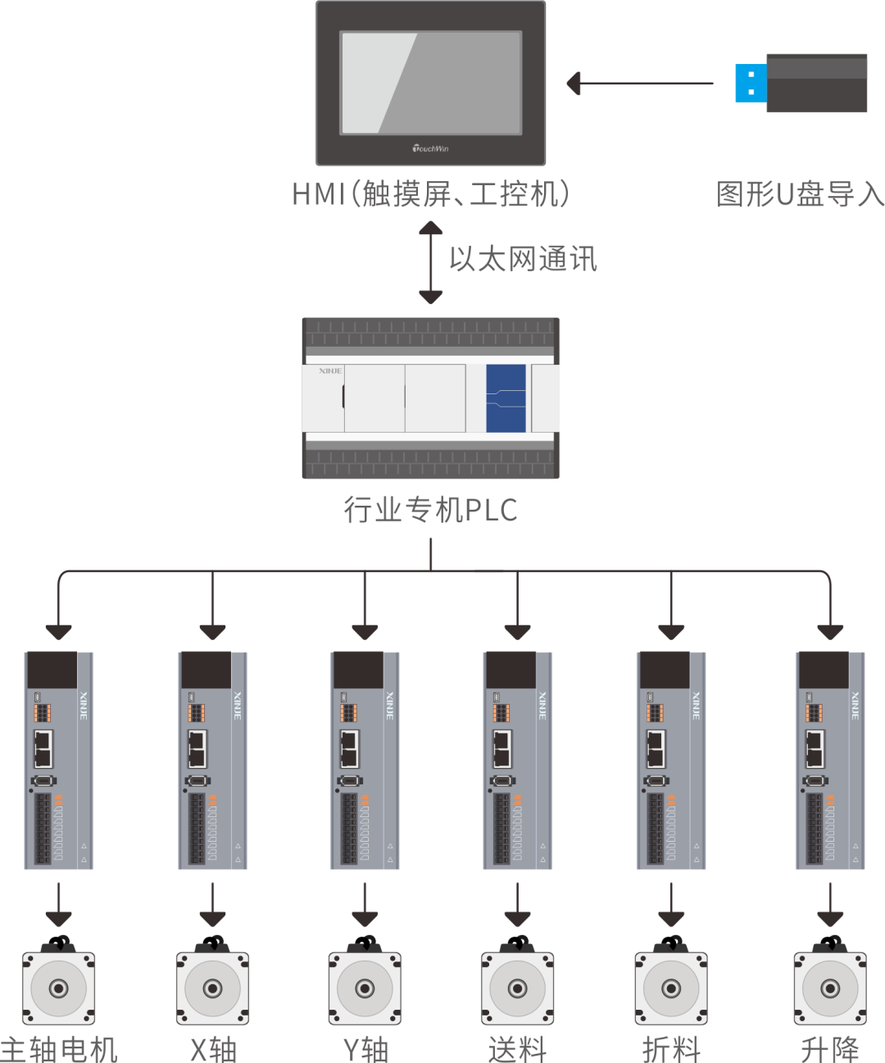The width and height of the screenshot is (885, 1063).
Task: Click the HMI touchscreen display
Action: (431, 83)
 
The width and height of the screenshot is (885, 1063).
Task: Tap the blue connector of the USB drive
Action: (751, 84)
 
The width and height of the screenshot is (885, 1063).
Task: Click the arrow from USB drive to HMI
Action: (640, 84)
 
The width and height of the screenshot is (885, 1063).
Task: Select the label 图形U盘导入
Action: (799, 195)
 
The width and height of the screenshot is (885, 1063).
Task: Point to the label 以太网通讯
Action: (523, 259)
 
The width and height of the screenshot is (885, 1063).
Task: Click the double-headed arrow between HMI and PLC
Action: (431, 263)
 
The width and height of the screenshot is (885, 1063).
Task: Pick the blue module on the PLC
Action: (506, 398)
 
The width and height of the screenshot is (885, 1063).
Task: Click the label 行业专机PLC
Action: (431, 510)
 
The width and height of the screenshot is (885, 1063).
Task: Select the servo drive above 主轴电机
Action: (59, 761)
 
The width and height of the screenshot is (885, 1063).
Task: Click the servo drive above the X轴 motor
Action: (212, 761)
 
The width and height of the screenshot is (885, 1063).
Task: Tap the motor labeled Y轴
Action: (365, 987)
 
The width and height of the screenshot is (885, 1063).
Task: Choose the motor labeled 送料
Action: (518, 987)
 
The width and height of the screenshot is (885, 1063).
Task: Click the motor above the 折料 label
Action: (671, 987)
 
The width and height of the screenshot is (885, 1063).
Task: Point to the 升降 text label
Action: (829, 1049)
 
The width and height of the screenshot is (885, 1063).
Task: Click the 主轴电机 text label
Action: (59, 1049)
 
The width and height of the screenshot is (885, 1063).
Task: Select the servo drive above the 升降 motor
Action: (830, 761)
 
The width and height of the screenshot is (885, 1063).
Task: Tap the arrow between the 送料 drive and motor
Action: (518, 905)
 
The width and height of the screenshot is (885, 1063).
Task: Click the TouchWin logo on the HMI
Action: (430, 148)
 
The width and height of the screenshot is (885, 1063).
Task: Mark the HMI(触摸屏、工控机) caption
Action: (431, 194)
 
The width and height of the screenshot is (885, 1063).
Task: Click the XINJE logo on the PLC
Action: (330, 371)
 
